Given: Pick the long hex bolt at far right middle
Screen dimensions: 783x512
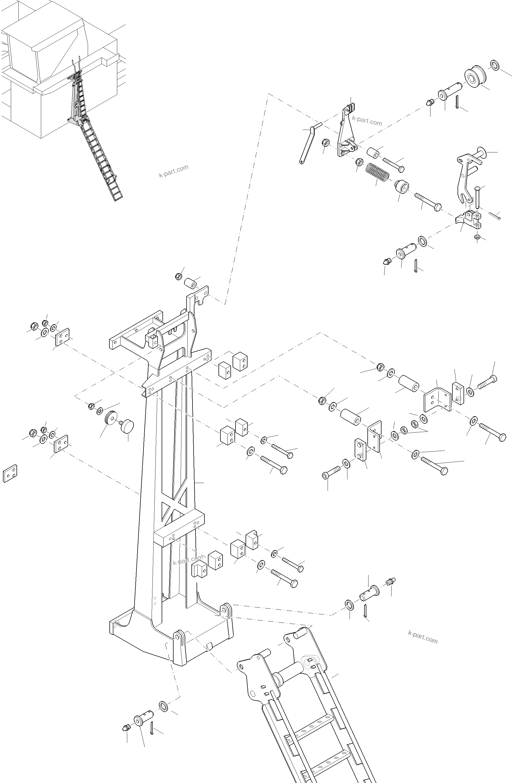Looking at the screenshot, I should pos(492,432).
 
